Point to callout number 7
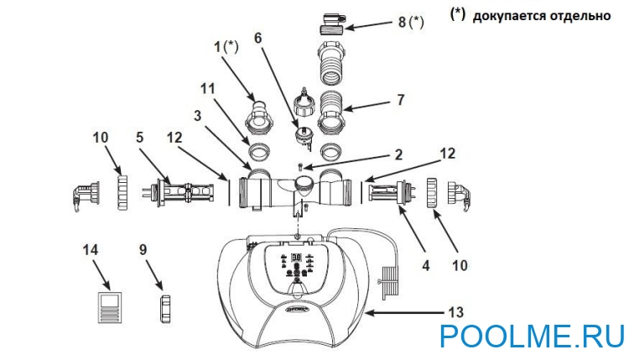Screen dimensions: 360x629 tap(401, 99)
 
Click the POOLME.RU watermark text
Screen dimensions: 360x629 tap(531, 337)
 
